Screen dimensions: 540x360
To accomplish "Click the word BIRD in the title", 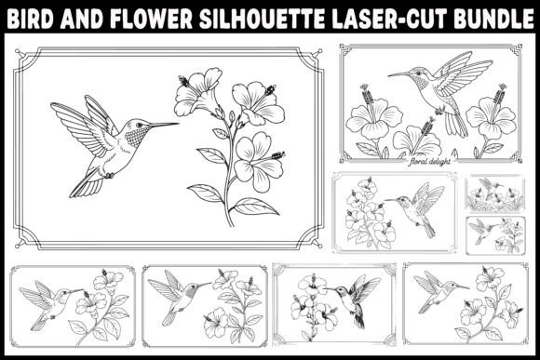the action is (x=31, y=19).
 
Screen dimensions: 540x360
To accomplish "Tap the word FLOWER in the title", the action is (x=152, y=19).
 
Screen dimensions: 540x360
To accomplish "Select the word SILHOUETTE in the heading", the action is (x=262, y=19).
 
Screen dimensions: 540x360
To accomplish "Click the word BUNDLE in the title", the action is (x=493, y=19).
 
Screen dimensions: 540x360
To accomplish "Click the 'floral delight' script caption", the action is (x=429, y=161).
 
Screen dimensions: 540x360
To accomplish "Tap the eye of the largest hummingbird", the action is (x=139, y=125).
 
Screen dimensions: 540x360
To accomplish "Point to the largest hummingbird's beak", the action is (x=164, y=125).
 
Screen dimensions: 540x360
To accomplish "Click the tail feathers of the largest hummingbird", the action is (x=87, y=186).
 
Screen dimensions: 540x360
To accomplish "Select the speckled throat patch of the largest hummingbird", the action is (x=135, y=137).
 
